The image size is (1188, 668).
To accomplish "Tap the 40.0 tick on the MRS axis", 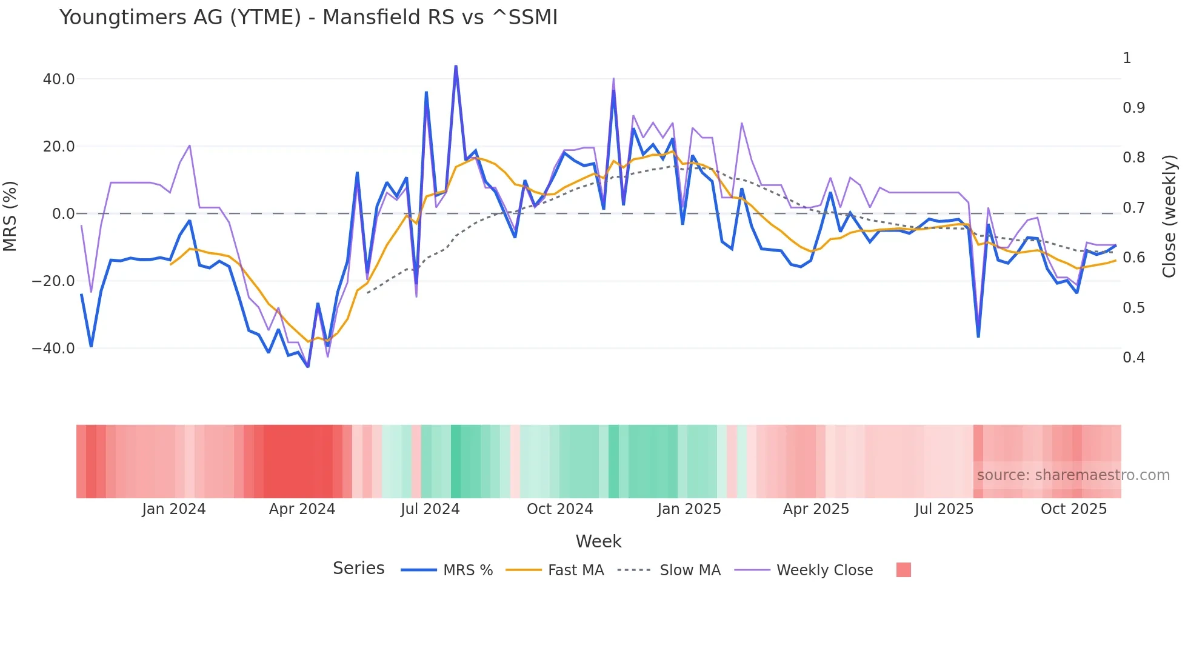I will click(59, 79).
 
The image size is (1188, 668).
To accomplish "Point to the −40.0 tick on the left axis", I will click(53, 349).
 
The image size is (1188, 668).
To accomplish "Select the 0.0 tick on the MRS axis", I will click(63, 214).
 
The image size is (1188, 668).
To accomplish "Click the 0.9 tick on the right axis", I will click(1133, 108).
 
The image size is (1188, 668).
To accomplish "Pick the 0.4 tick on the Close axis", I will click(1133, 358).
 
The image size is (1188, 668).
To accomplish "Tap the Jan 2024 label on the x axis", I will click(174, 509).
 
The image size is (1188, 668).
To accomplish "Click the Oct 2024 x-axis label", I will click(559, 509).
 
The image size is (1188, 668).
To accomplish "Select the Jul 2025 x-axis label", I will click(944, 509).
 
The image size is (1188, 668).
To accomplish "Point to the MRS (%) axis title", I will click(10, 216).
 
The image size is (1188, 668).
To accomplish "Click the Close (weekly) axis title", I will click(1169, 216).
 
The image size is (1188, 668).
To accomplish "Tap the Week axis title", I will click(598, 541).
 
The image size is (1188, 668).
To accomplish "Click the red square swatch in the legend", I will click(903, 570).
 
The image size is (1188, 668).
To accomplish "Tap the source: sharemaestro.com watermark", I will click(1073, 475).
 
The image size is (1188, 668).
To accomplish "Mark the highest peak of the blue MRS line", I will click(456, 66).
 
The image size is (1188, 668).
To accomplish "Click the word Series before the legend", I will click(358, 569).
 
